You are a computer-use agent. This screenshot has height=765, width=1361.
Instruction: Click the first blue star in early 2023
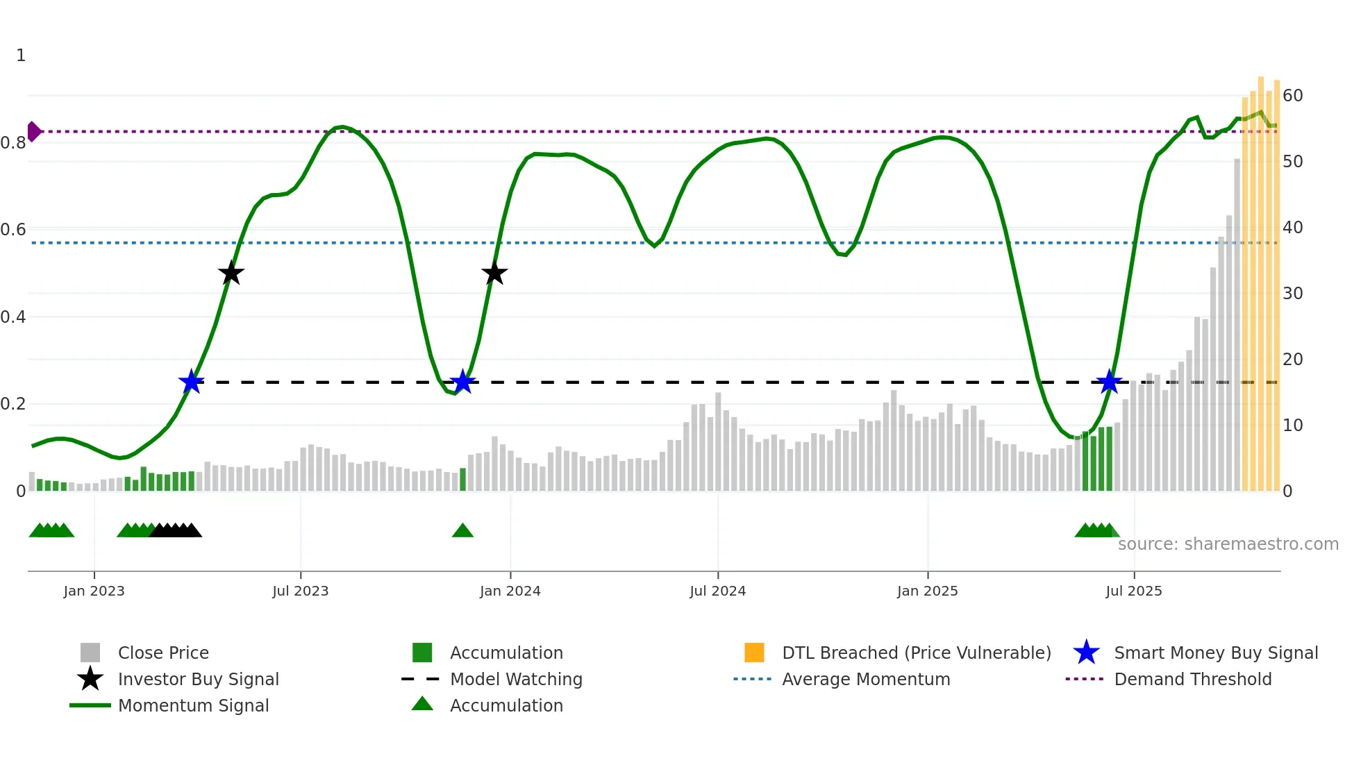pyautogui.click(x=191, y=382)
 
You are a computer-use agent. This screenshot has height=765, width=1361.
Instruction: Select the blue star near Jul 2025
pyautogui.click(x=1109, y=382)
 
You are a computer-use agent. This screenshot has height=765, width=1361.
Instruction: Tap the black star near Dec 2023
pyautogui.click(x=494, y=274)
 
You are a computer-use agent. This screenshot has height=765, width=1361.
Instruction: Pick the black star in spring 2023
pyautogui.click(x=231, y=274)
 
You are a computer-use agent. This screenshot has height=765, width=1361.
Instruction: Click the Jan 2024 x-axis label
pyautogui.click(x=510, y=591)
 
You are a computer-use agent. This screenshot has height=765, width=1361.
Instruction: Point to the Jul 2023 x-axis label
pyautogui.click(x=300, y=591)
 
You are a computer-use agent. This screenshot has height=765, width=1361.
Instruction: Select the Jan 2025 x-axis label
pyautogui.click(x=927, y=591)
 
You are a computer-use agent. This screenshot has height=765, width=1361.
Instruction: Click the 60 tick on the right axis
pyautogui.click(x=1292, y=96)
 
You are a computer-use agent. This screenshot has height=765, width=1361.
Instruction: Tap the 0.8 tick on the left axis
pyautogui.click(x=13, y=143)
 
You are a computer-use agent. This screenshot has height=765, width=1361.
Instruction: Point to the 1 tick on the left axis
pyautogui.click(x=21, y=56)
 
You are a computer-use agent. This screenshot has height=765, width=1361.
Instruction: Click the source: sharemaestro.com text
pyautogui.click(x=1228, y=544)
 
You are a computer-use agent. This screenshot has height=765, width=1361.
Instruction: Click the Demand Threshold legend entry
pyautogui.click(x=1192, y=679)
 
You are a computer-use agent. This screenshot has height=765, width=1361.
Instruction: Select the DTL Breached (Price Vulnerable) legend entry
pyautogui.click(x=916, y=653)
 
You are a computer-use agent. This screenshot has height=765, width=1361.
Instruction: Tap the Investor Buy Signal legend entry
pyautogui.click(x=198, y=679)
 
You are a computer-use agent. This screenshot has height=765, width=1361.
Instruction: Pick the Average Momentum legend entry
pyautogui.click(x=865, y=679)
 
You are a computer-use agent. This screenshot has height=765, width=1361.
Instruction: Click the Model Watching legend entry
pyautogui.click(x=515, y=679)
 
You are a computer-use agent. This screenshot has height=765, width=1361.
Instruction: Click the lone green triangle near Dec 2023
pyautogui.click(x=462, y=531)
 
